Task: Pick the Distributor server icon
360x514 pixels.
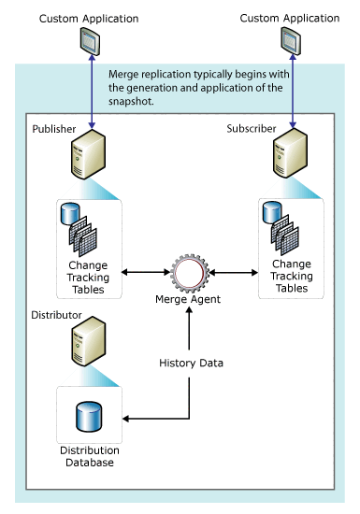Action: pos(81,347)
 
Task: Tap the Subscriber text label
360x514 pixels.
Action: pos(277,128)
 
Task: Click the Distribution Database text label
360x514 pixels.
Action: pos(91,457)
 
